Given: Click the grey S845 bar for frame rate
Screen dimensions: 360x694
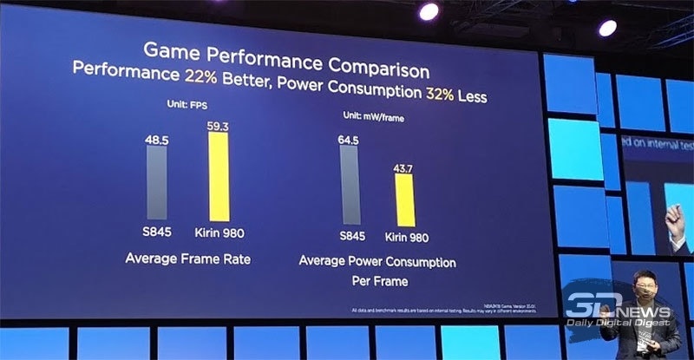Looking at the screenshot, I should pyautogui.click(x=157, y=183).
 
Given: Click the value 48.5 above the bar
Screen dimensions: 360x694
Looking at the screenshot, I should pyautogui.click(x=157, y=138).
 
